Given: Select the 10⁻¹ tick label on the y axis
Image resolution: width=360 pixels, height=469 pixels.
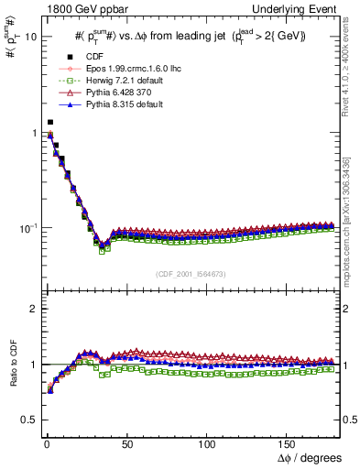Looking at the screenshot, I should coord(24,227).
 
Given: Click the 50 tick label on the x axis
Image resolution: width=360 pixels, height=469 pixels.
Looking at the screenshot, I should coord(126,443).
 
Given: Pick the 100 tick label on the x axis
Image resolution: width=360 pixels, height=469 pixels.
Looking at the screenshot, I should coord(207,443).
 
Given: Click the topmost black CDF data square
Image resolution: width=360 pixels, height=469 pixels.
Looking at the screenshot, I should coord(50,122).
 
